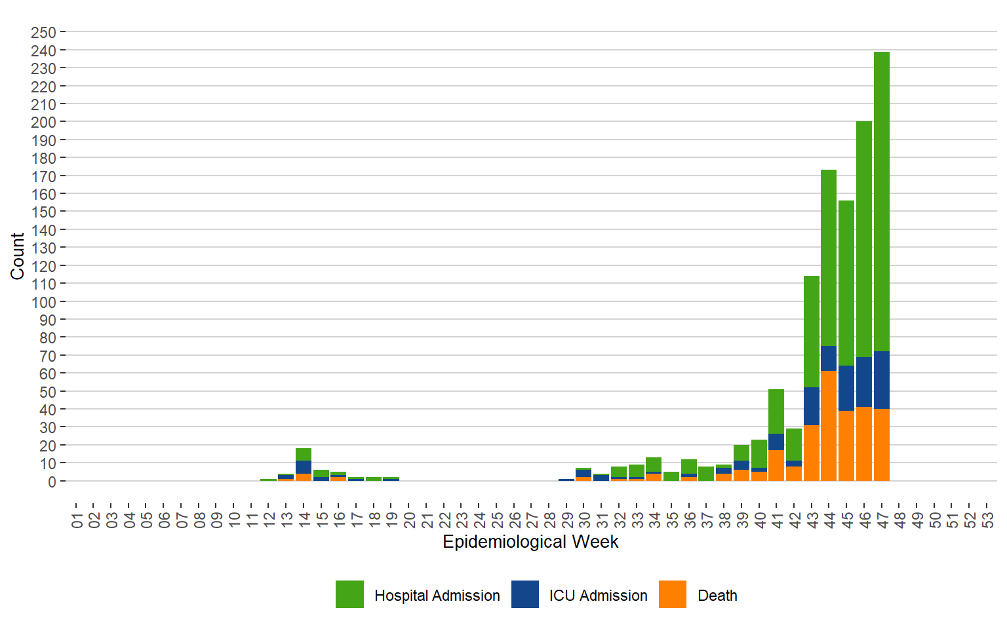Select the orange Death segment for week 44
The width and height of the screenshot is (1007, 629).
pos(829,426)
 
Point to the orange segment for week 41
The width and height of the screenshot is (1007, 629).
pos(776,465)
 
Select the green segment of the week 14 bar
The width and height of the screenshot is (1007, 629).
pos(304,454)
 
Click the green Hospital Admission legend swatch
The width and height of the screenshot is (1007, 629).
pos(349,594)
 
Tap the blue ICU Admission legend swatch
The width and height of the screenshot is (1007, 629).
pos(525,594)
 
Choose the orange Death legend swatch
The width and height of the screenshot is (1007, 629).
pos(673,594)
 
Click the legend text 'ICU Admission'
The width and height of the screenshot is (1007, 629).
pos(598,596)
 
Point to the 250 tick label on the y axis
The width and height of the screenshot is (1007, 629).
pos(43,32)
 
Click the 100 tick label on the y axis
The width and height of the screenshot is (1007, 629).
pos(43,302)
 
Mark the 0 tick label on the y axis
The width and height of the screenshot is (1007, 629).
pos(52,482)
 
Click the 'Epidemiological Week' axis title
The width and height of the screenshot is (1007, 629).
pos(530,542)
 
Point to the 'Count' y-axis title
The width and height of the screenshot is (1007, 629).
pos(17,256)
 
